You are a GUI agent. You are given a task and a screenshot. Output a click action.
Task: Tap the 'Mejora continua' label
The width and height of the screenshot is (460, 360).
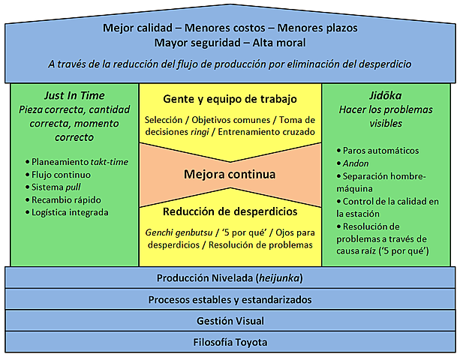coord(230,174)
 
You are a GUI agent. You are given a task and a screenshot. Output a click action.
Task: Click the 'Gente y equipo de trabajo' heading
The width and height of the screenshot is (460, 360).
coord(230,99)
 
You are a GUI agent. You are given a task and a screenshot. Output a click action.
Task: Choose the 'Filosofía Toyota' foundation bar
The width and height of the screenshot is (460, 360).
coord(230,342)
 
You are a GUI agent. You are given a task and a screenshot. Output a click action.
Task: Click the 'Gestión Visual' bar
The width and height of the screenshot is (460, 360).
coord(230,321)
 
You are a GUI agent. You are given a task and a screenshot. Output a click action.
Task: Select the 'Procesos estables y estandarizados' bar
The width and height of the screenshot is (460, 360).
coord(230,299)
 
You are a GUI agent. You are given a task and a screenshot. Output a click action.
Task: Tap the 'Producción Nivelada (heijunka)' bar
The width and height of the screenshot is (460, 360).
coord(230,277)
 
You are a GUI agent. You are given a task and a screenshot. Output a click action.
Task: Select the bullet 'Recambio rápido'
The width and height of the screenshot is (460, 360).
coord(66,199)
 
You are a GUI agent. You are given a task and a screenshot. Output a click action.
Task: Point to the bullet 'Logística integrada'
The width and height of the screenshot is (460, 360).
coord(70,212)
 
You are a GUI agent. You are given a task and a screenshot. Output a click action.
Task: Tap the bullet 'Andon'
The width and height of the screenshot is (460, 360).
coord(356,163)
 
